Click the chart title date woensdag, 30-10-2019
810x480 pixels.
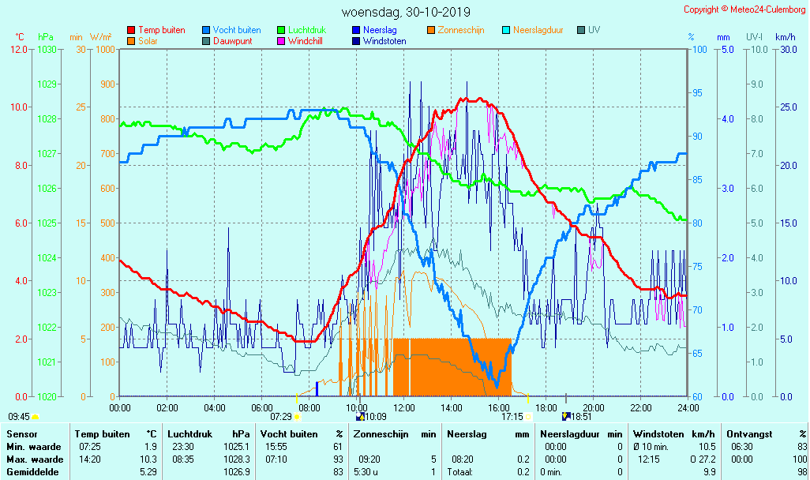(x=406, y=12)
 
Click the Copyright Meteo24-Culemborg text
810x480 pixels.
(x=744, y=9)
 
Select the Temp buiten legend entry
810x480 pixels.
(x=161, y=30)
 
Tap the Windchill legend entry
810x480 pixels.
(x=304, y=41)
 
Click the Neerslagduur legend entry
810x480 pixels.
(x=538, y=30)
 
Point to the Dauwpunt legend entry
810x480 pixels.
(x=233, y=41)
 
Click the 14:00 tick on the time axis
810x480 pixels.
(x=452, y=407)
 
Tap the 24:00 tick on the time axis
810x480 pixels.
(x=688, y=407)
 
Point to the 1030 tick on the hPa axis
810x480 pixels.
(x=47, y=50)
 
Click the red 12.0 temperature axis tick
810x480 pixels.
(x=19, y=50)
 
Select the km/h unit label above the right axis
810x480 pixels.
(x=785, y=37)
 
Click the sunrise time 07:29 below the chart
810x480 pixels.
(x=281, y=416)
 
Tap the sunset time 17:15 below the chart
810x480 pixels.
(x=512, y=416)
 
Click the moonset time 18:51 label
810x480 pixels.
(x=581, y=416)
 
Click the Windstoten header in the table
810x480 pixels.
(x=658, y=434)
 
